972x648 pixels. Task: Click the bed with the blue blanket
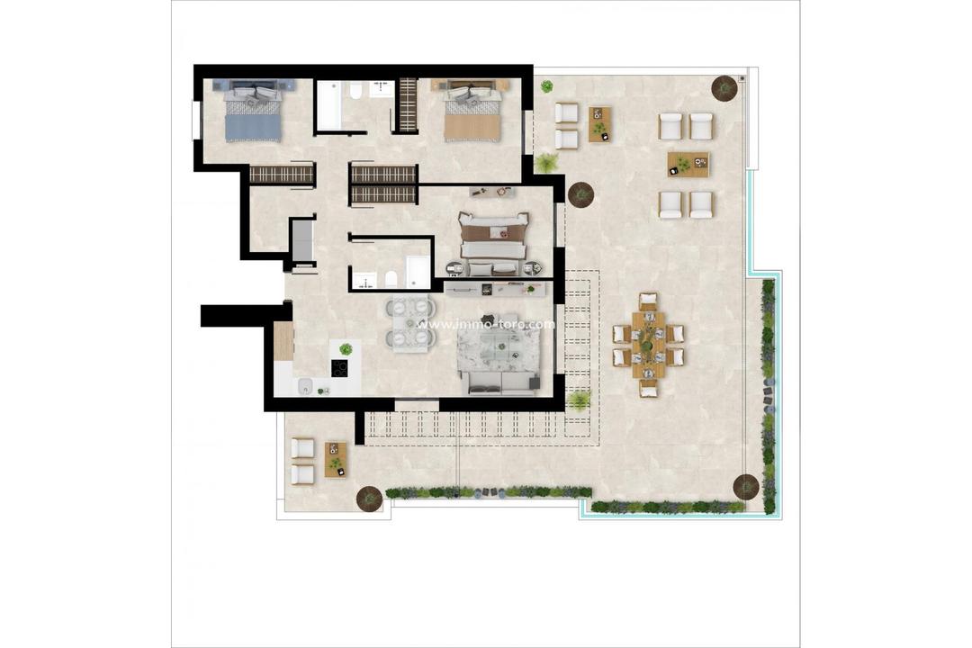click(x=253, y=112)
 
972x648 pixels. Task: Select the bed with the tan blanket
click(x=471, y=112)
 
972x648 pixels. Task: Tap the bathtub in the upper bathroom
click(x=329, y=105)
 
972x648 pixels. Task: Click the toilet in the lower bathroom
click(x=391, y=278)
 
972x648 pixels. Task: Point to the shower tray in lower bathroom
click(x=418, y=272)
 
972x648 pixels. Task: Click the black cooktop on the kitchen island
click(x=340, y=367)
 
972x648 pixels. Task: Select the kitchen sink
click(x=305, y=386)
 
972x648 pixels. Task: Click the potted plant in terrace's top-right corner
click(x=724, y=87)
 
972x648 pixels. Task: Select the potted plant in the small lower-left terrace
click(x=368, y=497)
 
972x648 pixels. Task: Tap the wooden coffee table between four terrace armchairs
click(x=688, y=165)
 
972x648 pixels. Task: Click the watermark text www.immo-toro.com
click(x=486, y=324)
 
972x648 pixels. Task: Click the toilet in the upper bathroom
click(x=355, y=91)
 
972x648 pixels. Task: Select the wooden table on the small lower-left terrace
click(x=336, y=460)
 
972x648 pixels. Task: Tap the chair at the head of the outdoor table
click(x=648, y=300)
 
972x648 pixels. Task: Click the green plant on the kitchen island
click(x=346, y=349)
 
